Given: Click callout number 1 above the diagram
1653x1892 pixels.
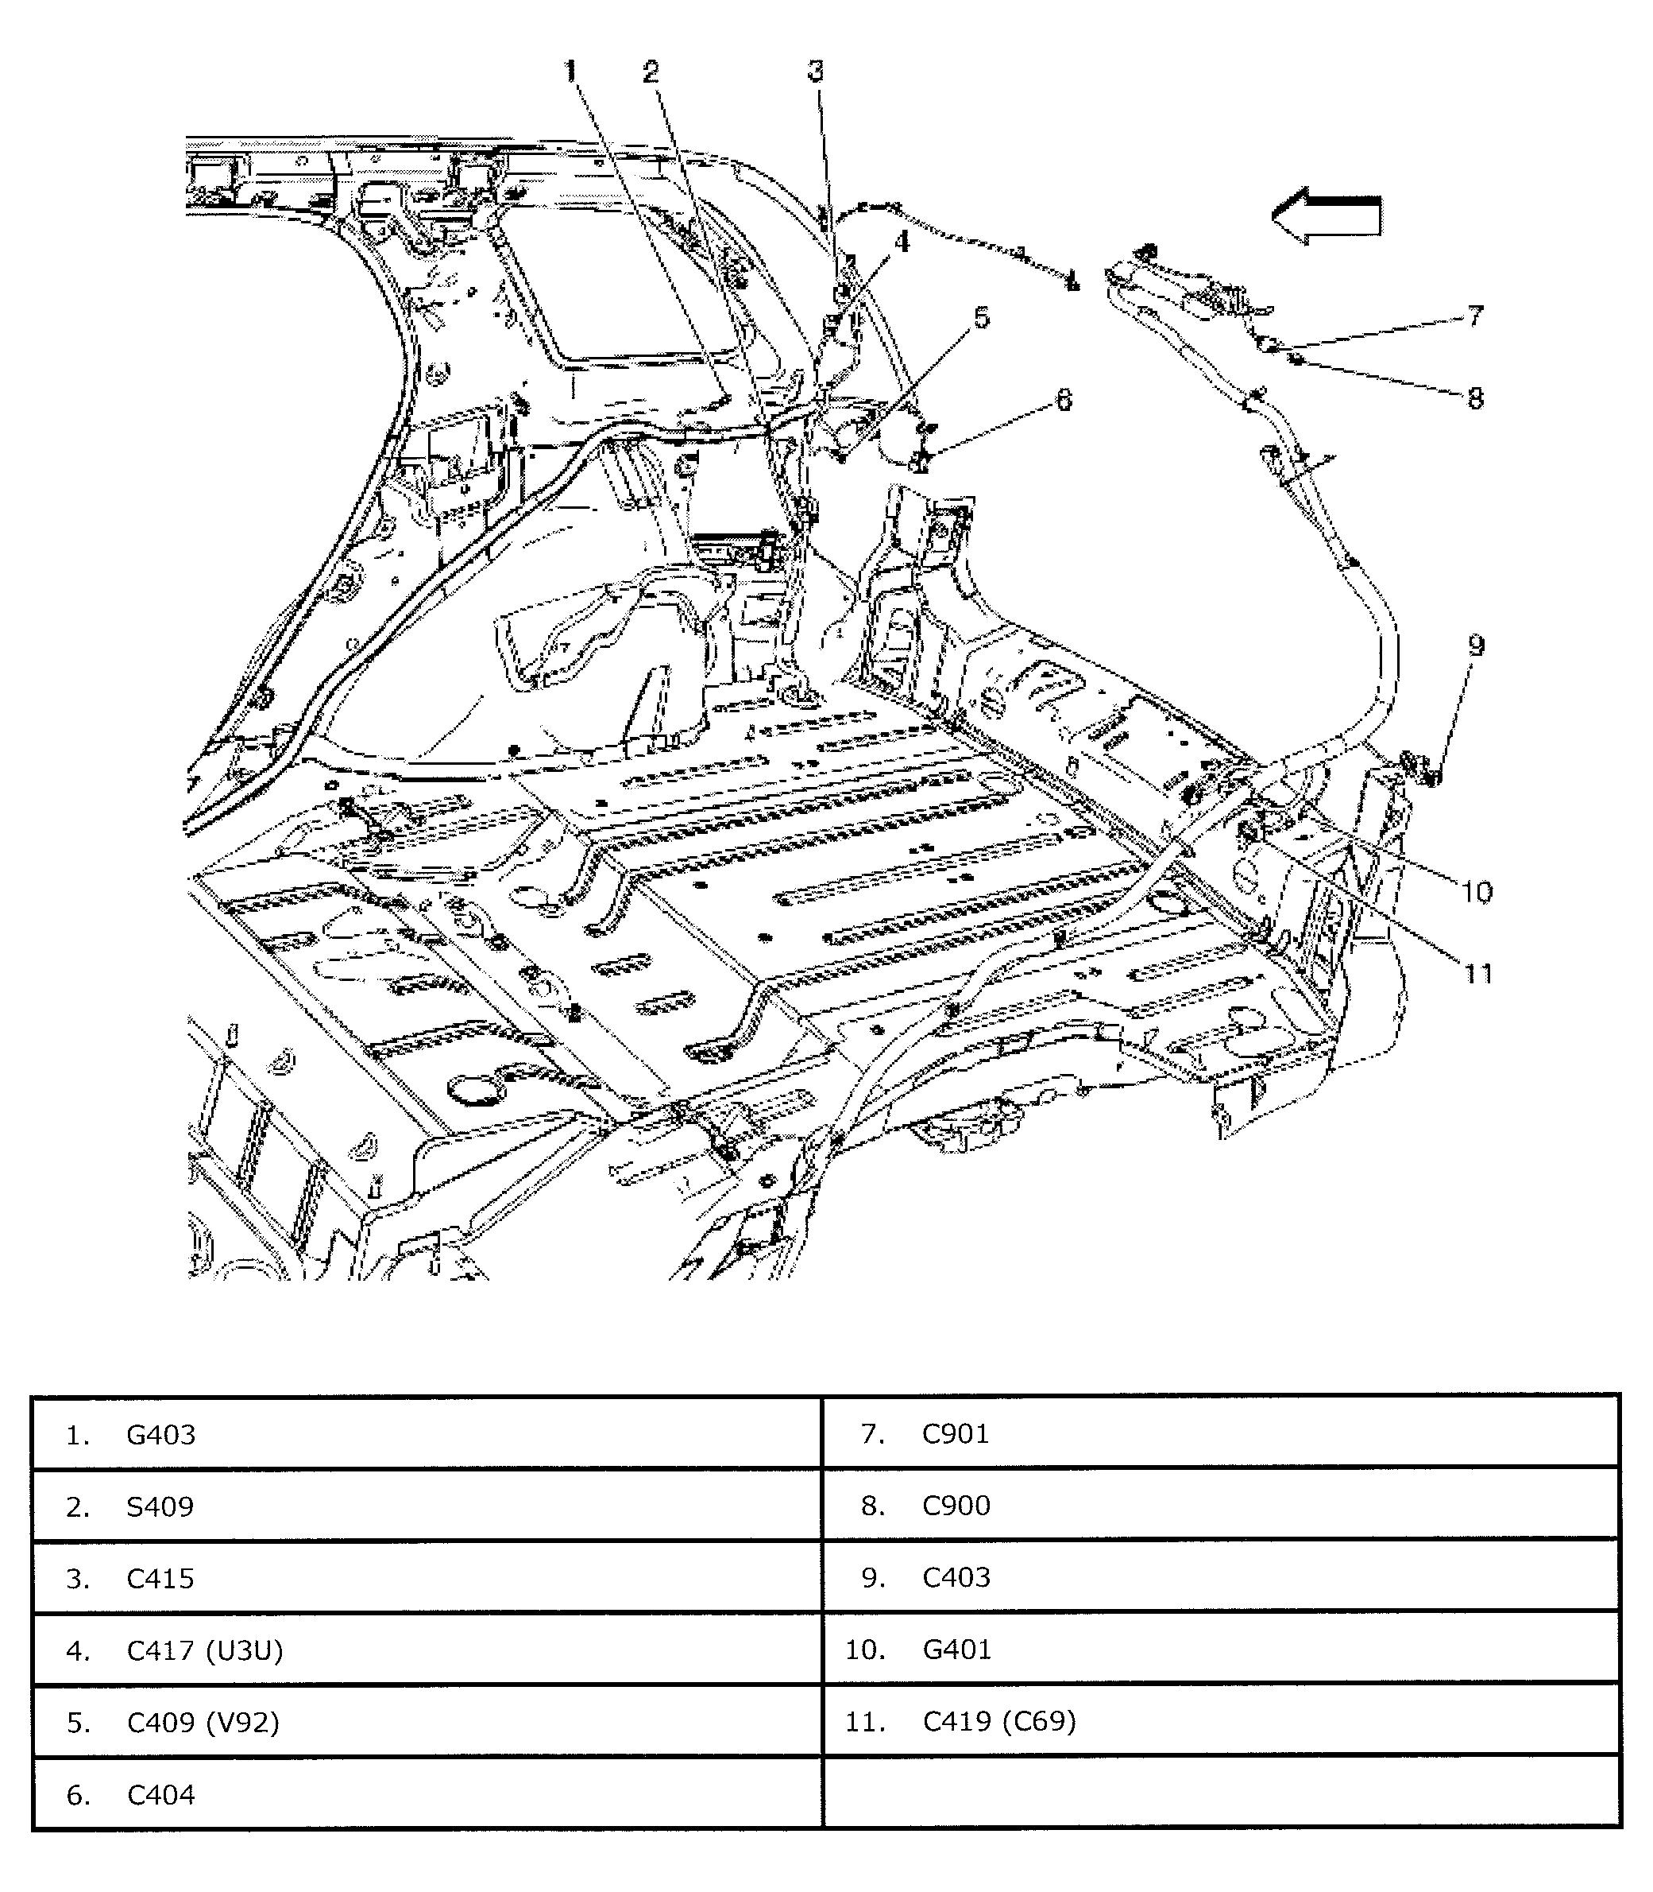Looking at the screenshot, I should (x=571, y=70).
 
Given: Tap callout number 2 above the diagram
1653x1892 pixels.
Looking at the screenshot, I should (x=651, y=71).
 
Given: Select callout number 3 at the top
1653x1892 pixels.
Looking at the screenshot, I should (x=816, y=70).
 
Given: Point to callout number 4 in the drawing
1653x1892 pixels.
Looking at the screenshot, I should (x=902, y=242).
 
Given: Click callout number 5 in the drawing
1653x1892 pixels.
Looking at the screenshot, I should (x=982, y=317).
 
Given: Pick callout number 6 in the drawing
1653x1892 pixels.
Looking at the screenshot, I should (x=1064, y=399).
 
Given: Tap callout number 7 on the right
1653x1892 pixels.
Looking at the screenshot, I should (x=1475, y=316).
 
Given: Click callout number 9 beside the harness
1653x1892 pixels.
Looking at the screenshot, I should (x=1476, y=646).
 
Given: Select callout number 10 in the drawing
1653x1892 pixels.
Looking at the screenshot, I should (x=1476, y=892).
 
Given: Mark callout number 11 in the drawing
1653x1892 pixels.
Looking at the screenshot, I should (x=1477, y=973).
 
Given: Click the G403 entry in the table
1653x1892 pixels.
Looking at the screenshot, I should (x=160, y=1435).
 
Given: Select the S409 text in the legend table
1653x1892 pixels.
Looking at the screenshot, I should (x=160, y=1507).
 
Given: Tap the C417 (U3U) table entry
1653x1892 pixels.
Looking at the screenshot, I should (x=204, y=1650).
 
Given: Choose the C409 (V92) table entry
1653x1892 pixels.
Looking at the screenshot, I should (x=202, y=1722).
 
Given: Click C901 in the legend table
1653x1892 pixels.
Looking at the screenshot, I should (x=956, y=1434).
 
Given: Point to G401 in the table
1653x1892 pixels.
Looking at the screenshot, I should (x=956, y=1650).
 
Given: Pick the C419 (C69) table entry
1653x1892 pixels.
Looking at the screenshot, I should (x=999, y=1721).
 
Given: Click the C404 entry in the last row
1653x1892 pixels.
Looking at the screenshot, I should (x=160, y=1795).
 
